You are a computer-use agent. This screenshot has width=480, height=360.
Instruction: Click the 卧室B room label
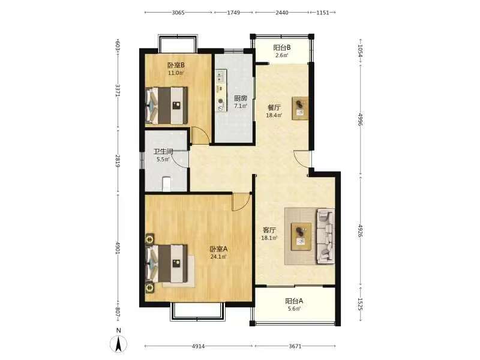pos(176,65)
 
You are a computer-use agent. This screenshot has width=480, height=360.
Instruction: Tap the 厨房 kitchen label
pos(241,98)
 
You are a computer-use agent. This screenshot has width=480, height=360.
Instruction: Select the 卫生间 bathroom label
pos(163,152)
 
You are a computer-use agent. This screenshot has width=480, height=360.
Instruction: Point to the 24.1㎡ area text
pos(218,257)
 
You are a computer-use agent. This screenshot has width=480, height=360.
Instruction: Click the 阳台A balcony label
pos(294,301)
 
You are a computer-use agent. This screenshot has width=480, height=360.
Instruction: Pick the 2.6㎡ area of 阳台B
pos(281,55)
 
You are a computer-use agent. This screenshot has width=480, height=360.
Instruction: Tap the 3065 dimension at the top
pos(178,13)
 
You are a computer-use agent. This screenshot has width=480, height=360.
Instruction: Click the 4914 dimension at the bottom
pos(199,346)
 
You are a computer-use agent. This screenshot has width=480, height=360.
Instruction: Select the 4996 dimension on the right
pos(361,119)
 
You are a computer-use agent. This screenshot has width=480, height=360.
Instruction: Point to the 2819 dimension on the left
pos(118,161)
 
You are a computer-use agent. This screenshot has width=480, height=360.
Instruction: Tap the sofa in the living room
pos(326,236)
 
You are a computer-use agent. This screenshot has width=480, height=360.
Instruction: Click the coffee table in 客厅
pos(301,236)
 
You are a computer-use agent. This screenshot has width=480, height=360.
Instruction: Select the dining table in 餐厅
pos(301,109)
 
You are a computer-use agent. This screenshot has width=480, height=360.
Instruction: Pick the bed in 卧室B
pos(166,106)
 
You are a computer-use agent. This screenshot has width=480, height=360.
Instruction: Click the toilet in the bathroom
pos(167,184)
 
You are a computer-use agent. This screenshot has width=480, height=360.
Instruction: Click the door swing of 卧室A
pos(241,202)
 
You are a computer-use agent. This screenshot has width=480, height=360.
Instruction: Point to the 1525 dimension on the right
pos(361,304)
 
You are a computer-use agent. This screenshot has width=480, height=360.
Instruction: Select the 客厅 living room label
pos(269,230)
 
